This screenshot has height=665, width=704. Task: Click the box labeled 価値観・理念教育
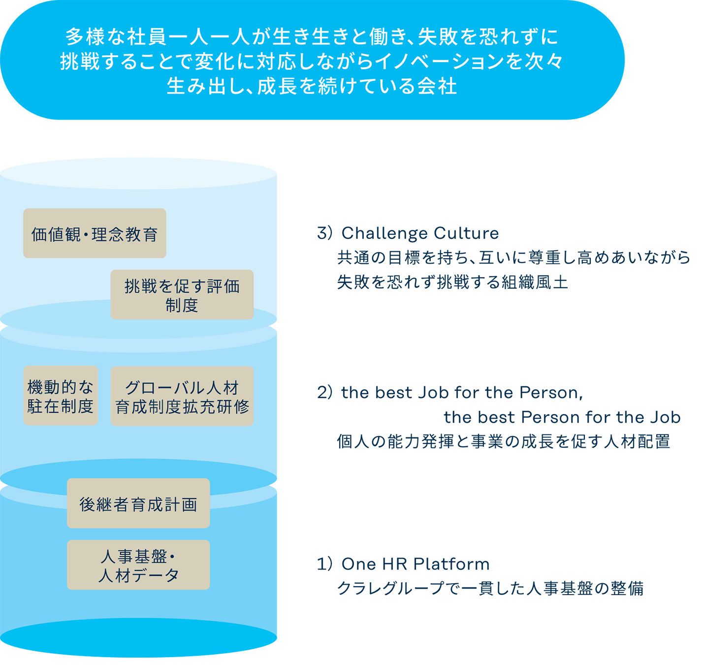pyautogui.click(x=95, y=233)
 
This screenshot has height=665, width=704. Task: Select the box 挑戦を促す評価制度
pyautogui.click(x=182, y=295)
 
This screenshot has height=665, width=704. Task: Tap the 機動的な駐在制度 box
pyautogui.click(x=61, y=396)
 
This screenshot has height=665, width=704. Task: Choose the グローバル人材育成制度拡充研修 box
pyautogui.click(x=182, y=396)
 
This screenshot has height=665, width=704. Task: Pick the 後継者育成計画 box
pyautogui.click(x=138, y=503)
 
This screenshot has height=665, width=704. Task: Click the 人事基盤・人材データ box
pyautogui.click(x=138, y=565)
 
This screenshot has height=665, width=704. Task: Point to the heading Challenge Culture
pyautogui.click(x=420, y=233)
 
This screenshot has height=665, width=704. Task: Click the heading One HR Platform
pyautogui.click(x=415, y=564)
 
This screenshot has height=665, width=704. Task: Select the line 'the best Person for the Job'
pyautogui.click(x=562, y=417)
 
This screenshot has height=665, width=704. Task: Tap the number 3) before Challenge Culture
pyautogui.click(x=325, y=233)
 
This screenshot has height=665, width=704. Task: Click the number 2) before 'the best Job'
pyautogui.click(x=325, y=393)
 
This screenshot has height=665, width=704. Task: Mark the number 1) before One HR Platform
pyautogui.click(x=325, y=564)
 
